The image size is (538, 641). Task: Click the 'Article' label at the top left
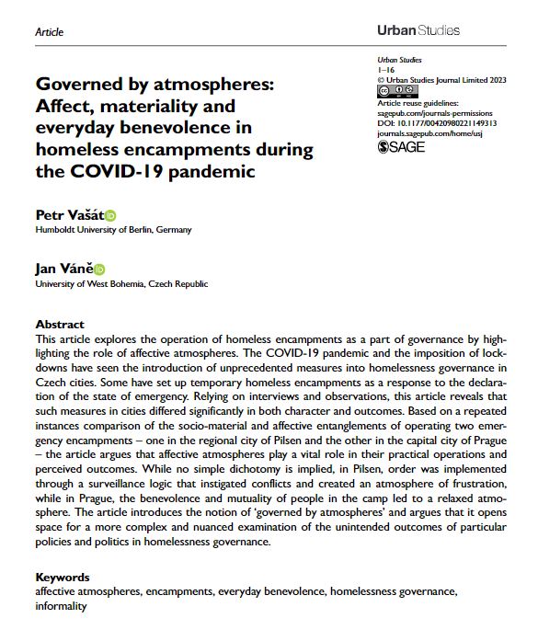49,32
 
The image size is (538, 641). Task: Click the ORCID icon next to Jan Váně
100,269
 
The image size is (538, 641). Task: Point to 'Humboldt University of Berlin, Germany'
115,230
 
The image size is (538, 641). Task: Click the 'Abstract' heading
60,325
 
